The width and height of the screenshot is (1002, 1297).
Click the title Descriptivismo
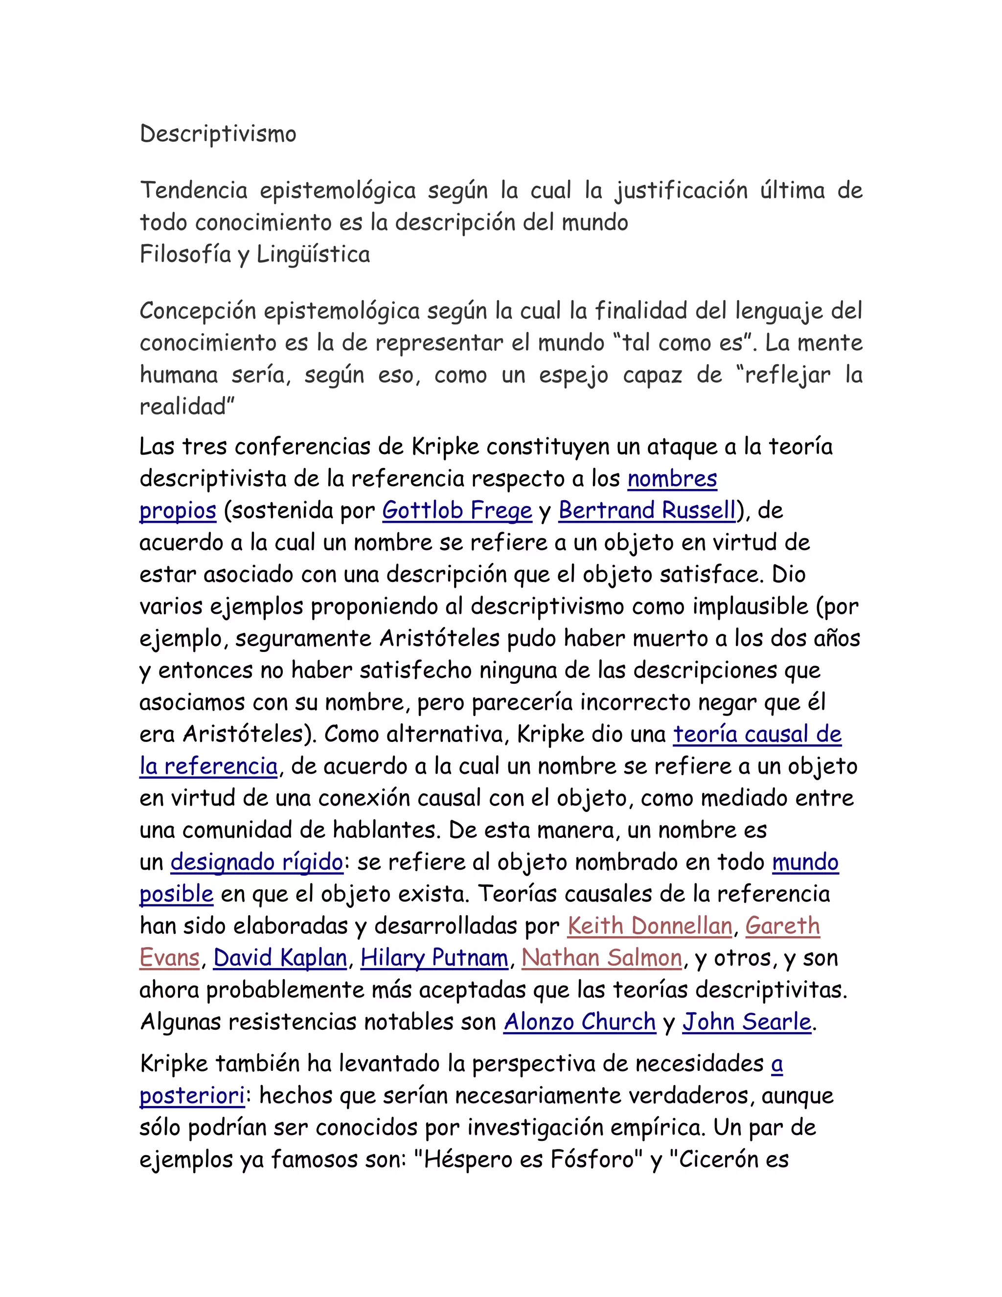tap(218, 134)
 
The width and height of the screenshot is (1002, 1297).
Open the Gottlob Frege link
tap(457, 510)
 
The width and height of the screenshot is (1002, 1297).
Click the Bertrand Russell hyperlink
tap(647, 510)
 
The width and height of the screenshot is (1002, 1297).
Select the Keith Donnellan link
tap(649, 926)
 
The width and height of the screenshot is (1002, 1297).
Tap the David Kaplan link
tap(280, 958)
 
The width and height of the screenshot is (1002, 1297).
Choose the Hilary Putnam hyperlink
tap(434, 958)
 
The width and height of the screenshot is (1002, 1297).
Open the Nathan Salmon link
tap(602, 958)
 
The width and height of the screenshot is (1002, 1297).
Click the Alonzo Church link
tap(580, 1022)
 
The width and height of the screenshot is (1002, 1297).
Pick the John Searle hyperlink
tap(747, 1022)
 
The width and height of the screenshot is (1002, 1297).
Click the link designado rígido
tap(256, 862)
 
